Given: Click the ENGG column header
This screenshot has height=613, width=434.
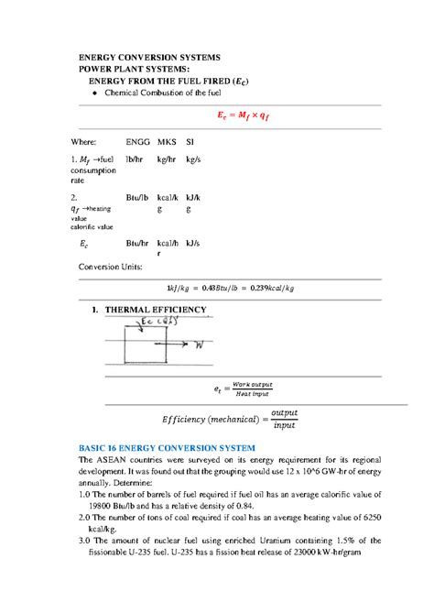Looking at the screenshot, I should pyautogui.click(x=136, y=143).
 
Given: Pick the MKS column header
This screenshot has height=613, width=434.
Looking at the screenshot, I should pyautogui.click(x=166, y=143).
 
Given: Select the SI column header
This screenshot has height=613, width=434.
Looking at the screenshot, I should pyautogui.click(x=190, y=143).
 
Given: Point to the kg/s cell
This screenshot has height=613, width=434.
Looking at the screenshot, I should pyautogui.click(x=192, y=159).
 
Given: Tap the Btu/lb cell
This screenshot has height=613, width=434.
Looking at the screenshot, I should pyautogui.click(x=137, y=197).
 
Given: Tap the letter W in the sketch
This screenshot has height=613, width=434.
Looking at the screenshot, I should pyautogui.click(x=196, y=345).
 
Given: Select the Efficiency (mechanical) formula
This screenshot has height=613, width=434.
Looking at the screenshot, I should pyautogui.click(x=230, y=419).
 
